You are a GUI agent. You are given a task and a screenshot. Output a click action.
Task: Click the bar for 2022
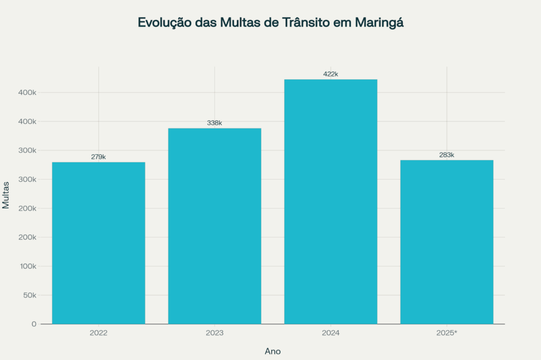click(x=98, y=243)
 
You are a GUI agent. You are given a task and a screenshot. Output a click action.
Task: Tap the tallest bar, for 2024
click(x=331, y=201)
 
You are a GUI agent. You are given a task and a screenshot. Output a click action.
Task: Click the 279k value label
click(x=98, y=157)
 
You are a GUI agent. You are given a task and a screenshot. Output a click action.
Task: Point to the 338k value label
click(x=214, y=123)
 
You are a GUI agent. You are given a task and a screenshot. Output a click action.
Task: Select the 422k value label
click(x=331, y=74)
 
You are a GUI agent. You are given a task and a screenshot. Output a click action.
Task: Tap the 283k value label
click(x=447, y=155)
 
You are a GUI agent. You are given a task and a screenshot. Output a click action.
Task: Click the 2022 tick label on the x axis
click(x=98, y=334)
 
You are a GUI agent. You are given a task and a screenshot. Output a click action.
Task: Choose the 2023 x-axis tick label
click(x=214, y=334)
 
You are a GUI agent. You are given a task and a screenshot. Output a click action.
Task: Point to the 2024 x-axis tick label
click(x=331, y=334)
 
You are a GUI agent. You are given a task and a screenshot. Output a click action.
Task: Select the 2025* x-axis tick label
click(x=447, y=334)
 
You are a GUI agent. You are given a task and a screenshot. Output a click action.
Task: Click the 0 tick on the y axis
click(x=34, y=324)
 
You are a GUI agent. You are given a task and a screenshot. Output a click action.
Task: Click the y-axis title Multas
click(x=6, y=195)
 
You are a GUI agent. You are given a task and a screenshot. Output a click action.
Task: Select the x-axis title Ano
click(x=273, y=351)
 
